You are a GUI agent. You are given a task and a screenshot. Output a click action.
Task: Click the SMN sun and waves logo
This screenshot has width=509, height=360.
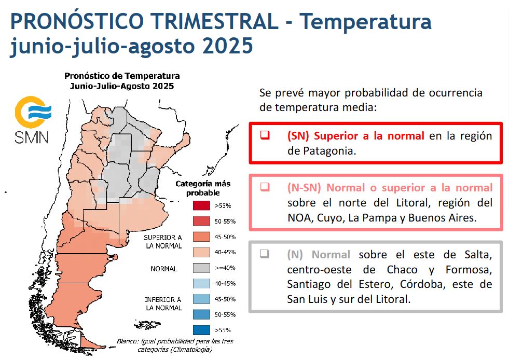point(33,112)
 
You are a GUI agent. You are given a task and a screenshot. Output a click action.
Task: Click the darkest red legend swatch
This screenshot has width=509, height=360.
point(202,205)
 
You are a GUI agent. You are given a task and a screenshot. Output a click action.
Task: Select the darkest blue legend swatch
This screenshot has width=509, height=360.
point(202,330)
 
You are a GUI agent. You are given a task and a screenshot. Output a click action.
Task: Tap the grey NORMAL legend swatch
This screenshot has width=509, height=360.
point(202,268)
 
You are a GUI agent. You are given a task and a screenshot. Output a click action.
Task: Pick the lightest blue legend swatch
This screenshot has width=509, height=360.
point(202,283)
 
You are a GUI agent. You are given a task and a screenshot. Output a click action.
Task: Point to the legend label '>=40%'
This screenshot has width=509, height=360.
point(225,268)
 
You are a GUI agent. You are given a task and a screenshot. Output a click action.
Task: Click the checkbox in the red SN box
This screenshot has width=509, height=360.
point(265,135)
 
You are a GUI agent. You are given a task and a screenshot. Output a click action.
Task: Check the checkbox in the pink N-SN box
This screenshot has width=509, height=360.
point(265,187)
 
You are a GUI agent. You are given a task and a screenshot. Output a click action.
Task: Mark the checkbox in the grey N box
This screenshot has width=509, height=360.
point(265,254)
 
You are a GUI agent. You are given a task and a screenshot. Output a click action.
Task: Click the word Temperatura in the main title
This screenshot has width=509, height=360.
point(365,21)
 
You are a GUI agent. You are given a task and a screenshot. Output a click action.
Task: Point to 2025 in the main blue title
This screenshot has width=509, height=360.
point(228,46)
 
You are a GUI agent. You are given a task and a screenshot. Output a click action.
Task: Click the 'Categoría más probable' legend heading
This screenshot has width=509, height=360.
point(203,188)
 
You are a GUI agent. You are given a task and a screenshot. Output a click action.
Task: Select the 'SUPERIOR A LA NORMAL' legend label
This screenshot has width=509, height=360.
point(163,242)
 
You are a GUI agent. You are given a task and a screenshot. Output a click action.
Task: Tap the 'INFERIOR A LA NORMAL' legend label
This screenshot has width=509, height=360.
point(163,303)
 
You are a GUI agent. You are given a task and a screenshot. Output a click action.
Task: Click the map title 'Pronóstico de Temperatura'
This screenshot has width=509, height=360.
point(122,76)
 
